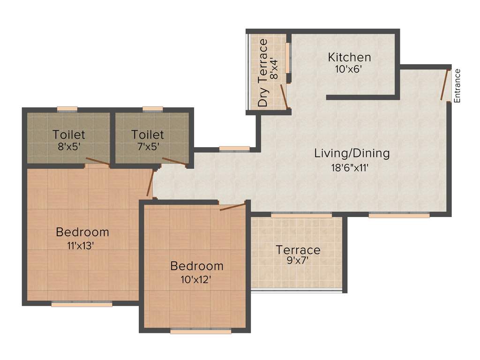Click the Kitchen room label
pos(349,58)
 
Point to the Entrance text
pos(457,85)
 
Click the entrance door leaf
pos(444,85)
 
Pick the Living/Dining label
pos(352,153)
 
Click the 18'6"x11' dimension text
pos(351,165)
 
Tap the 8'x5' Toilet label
pos(68,135)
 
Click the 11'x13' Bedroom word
pos(82,232)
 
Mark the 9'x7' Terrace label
pos(298,250)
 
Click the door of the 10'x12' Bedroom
pos(232,207)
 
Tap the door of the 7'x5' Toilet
pos(175,162)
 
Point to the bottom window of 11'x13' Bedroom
pos(82,304)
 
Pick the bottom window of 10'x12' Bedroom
pos(201,331)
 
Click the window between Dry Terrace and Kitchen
pos(288,59)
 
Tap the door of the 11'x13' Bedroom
pos(150,183)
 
